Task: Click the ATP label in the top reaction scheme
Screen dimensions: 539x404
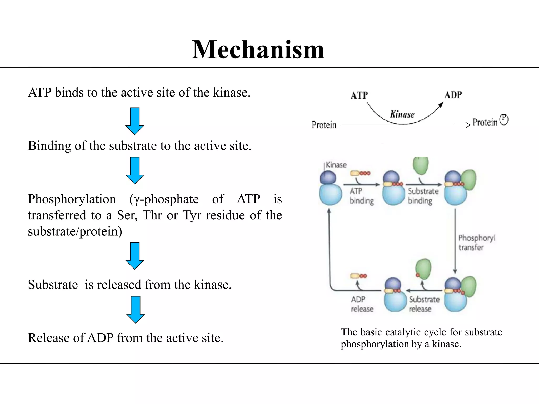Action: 359,95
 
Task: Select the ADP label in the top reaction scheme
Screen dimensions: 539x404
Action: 453,95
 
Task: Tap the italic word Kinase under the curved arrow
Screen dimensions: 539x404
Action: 402,114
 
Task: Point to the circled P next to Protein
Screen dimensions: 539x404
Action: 504,120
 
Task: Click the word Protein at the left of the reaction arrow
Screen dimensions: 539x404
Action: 324,125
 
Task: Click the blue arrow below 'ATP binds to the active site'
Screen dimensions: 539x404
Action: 134,121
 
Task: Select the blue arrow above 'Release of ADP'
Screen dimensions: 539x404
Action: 135,310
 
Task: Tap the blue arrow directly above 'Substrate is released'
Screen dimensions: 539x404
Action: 134,256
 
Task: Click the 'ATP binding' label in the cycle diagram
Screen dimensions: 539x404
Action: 362,196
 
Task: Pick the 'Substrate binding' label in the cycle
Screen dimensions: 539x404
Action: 423,196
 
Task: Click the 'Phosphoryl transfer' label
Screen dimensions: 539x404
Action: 477,243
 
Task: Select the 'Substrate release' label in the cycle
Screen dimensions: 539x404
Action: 424,304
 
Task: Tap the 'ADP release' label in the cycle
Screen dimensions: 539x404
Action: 362,304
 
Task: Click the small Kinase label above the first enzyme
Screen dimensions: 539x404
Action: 336,165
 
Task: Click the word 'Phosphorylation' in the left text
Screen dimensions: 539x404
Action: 72,199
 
